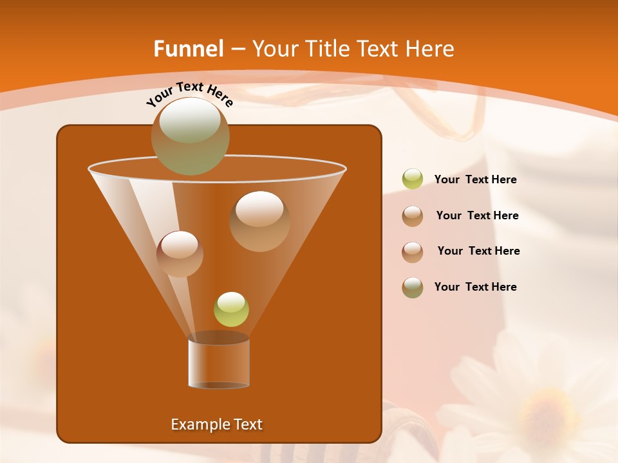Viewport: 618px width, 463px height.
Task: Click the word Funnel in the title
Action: pyautogui.click(x=189, y=49)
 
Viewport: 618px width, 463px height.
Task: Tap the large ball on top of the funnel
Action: pyautogui.click(x=190, y=136)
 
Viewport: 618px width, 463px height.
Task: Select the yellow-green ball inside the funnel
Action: pyautogui.click(x=231, y=309)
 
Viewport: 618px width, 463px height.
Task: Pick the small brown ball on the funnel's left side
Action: pyautogui.click(x=180, y=253)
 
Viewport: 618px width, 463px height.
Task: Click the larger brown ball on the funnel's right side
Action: pyautogui.click(x=259, y=221)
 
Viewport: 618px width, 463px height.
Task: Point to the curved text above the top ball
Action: pyautogui.click(x=189, y=94)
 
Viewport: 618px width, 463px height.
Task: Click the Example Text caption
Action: pyautogui.click(x=216, y=424)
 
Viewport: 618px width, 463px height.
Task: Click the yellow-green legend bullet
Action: pyautogui.click(x=413, y=179)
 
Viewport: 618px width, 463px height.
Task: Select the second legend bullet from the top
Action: pyautogui.click(x=413, y=216)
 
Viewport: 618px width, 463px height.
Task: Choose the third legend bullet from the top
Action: pyautogui.click(x=413, y=251)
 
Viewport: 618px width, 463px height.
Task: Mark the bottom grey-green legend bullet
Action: pyautogui.click(x=413, y=287)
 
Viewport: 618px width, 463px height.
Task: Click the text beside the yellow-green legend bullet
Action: pyautogui.click(x=475, y=180)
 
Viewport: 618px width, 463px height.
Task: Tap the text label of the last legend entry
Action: pyautogui.click(x=475, y=287)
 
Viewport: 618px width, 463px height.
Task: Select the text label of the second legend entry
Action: pyautogui.click(x=477, y=216)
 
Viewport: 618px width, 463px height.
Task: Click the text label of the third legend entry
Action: pyautogui.click(x=478, y=251)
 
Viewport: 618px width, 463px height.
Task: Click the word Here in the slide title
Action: pyautogui.click(x=431, y=49)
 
